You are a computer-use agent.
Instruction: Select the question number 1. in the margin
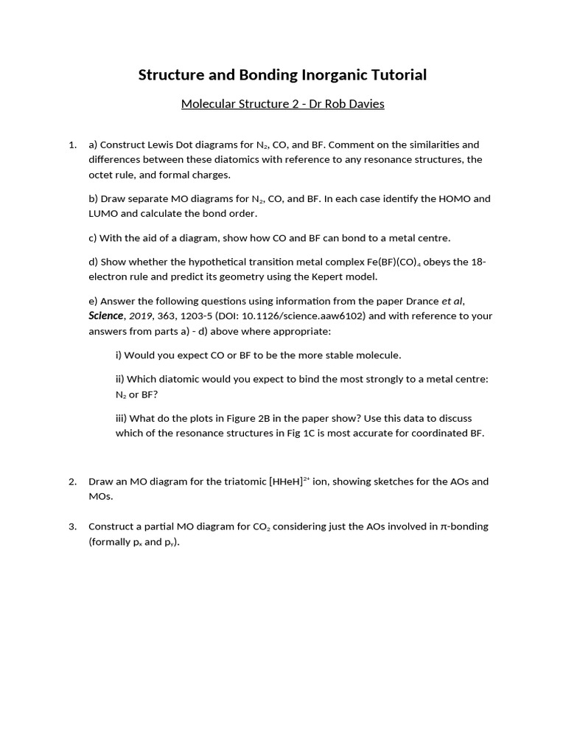pyautogui.click(x=72, y=145)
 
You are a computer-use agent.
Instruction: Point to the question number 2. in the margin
pyautogui.click(x=72, y=481)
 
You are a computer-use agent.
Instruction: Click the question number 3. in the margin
pyautogui.click(x=72, y=526)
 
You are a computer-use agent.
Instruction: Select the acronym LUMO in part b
pyautogui.click(x=104, y=214)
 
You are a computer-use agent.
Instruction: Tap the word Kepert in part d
pyautogui.click(x=335, y=276)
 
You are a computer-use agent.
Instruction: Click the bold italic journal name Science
pyautogui.click(x=105, y=316)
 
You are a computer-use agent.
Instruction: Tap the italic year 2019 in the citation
pyautogui.click(x=141, y=316)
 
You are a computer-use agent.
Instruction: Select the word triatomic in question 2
pyautogui.click(x=221, y=481)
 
